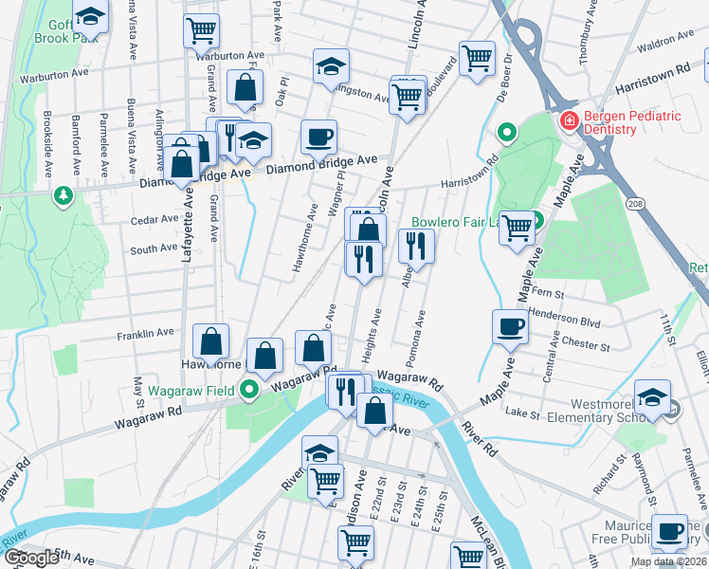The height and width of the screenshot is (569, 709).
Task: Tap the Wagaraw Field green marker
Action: pos(249,390)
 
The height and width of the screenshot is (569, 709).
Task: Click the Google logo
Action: pos(30,558)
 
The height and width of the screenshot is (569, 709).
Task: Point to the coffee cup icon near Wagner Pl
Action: pos(319,137)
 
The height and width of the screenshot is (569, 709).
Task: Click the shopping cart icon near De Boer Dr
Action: pos(478,57)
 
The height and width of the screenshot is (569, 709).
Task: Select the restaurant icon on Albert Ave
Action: pos(416,246)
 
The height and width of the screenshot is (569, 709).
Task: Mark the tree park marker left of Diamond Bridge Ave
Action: pos(64,195)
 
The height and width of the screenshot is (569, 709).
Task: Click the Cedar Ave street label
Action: pos(155,219)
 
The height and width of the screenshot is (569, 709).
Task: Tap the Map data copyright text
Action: pos(666,561)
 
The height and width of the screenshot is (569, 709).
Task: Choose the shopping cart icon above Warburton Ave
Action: pos(201,29)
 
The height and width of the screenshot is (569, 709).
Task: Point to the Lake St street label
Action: pos(521,413)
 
